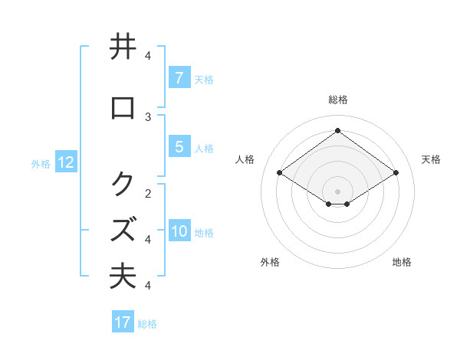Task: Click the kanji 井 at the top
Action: (x=123, y=47)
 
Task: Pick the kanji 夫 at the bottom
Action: (x=123, y=277)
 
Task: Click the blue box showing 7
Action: (x=179, y=77)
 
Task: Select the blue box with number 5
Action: (x=179, y=147)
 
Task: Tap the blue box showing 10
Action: (x=179, y=232)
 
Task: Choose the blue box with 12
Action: (x=66, y=162)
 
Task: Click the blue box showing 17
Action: (x=123, y=322)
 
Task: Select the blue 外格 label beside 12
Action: (x=41, y=163)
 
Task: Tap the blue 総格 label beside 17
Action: (x=147, y=323)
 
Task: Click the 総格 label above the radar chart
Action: (x=337, y=100)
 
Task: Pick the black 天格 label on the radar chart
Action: (x=431, y=159)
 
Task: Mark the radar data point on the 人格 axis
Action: (x=280, y=173)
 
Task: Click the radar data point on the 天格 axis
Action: (x=396, y=173)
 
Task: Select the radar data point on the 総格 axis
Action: (x=337, y=130)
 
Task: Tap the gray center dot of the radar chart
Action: (x=337, y=191)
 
